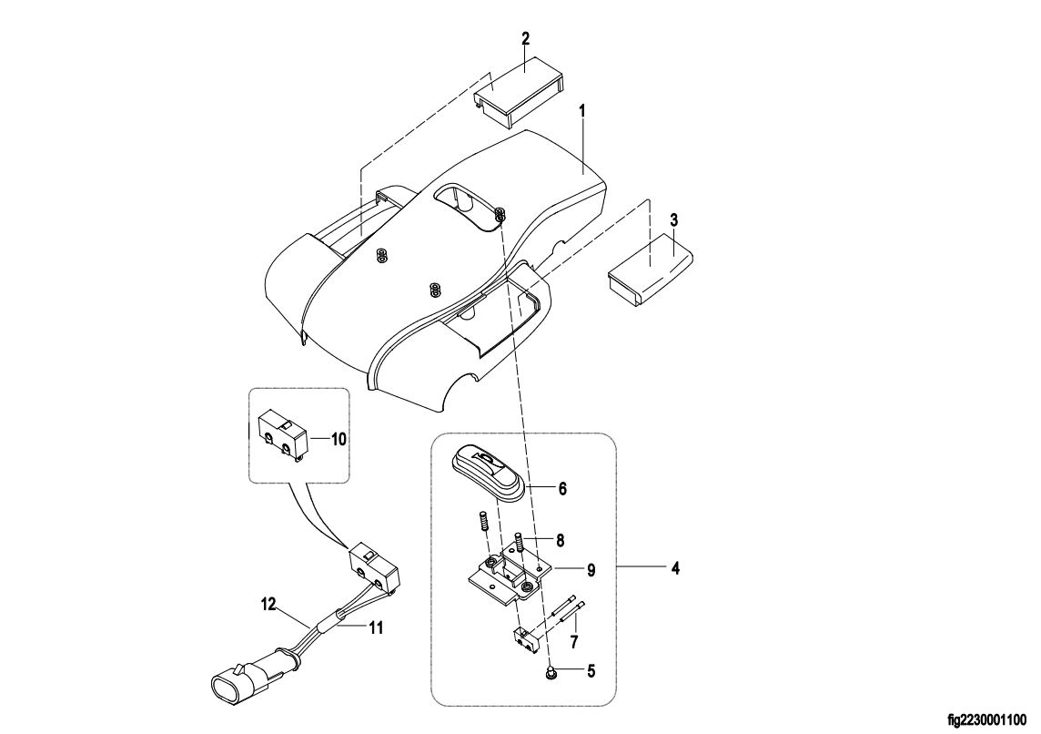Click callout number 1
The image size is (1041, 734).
tap(582, 112)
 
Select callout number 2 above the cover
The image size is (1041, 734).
tap(525, 38)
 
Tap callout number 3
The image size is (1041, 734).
tap(674, 219)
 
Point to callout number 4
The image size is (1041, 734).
tap(675, 568)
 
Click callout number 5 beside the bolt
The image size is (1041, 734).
tap(591, 671)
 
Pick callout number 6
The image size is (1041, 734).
tap(562, 489)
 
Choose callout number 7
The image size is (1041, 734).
tap(574, 642)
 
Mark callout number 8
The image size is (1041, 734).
tap(560, 541)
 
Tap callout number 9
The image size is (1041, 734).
tap(591, 570)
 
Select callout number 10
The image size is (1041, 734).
tap(339, 439)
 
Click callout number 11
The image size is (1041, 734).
tap(376, 627)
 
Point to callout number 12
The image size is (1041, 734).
tap(268, 605)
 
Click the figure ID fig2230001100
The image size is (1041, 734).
tap(986, 720)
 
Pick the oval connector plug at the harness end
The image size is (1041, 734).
tap(232, 684)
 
